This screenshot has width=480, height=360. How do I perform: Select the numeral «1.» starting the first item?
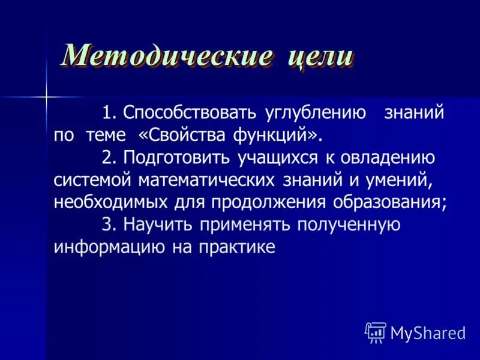click(110, 113)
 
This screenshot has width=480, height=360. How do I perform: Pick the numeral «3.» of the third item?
click(110, 224)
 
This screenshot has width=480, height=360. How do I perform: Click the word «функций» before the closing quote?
click(275, 135)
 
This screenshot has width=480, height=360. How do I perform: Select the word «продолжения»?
click(268, 202)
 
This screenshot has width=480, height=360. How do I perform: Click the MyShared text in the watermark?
click(428, 333)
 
